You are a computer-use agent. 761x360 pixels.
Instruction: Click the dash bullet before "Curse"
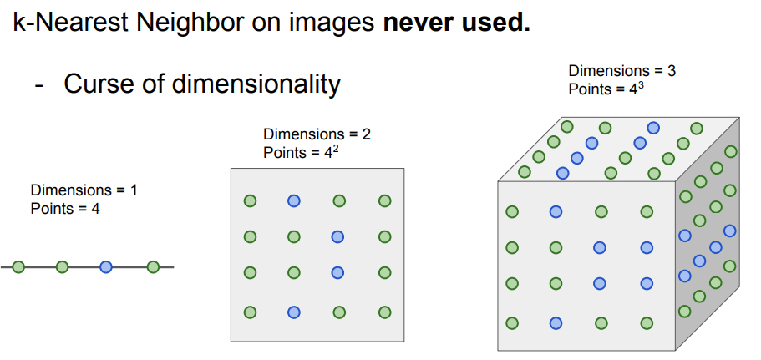38,84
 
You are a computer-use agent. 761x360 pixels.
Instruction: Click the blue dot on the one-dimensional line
105,267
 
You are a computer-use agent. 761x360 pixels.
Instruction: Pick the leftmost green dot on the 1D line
18,267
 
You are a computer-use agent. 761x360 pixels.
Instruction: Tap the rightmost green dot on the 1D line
152,267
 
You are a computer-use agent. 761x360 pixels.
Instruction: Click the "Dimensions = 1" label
84,190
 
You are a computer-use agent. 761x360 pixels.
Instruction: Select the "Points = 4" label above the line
65,208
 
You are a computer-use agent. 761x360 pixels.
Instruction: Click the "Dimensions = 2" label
316,134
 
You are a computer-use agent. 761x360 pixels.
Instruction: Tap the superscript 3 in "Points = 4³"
639,85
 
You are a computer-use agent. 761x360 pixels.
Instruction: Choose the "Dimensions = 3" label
621,71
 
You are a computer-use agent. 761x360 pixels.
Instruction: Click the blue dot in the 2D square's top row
294,200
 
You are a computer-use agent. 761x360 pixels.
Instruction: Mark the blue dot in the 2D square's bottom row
294,312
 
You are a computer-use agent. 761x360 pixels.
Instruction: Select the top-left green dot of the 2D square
250,200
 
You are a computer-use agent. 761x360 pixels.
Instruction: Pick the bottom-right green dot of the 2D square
384,312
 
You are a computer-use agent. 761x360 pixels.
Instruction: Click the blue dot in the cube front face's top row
556,212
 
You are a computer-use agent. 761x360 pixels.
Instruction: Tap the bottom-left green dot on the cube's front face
512,322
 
